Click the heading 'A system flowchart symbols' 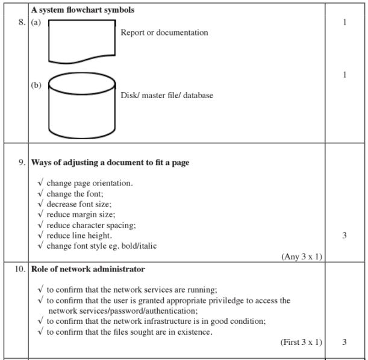click(x=83, y=10)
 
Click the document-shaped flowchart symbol click(x=81, y=41)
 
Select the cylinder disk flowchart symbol click(x=81, y=105)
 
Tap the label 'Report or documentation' click(x=164, y=33)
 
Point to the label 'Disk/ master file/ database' click(x=167, y=95)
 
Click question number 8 click(x=20, y=23)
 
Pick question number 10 click(x=19, y=268)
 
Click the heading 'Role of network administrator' click(x=88, y=268)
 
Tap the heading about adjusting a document click(x=110, y=163)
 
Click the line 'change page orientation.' click(x=90, y=183)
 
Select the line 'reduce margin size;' click(x=81, y=214)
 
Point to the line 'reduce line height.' click(x=79, y=235)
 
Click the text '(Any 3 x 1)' click(x=302, y=256)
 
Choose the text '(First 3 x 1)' click(x=301, y=343)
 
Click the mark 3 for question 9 click(x=345, y=235)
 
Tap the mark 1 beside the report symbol click(x=345, y=23)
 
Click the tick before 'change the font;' click(x=40, y=193)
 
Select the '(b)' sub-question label click(x=36, y=85)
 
